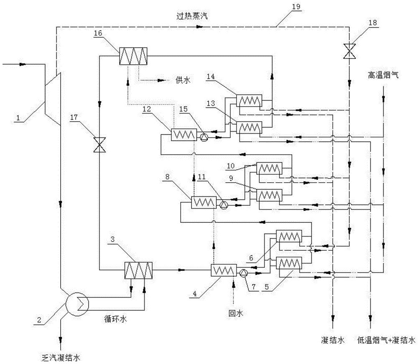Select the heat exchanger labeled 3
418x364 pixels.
(x=138, y=270)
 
